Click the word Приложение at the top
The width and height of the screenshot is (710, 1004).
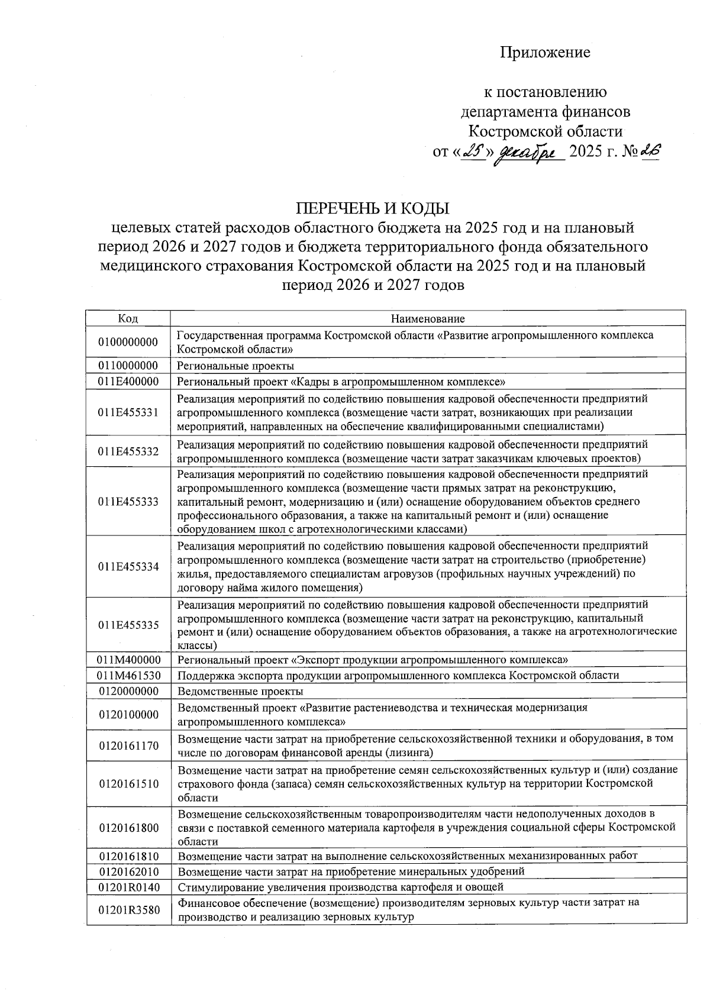(545, 53)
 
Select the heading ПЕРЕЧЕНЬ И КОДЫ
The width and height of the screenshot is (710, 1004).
(373, 208)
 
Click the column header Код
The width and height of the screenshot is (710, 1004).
(128, 318)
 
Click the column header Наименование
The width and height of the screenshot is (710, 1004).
(428, 318)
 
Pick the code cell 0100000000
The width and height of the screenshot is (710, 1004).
(128, 342)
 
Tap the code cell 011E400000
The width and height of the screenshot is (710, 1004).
(128, 382)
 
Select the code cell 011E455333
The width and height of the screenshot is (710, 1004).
(128, 502)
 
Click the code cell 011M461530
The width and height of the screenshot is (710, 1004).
(128, 675)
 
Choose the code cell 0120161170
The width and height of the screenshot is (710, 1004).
(128, 745)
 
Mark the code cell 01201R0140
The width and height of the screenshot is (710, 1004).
(128, 887)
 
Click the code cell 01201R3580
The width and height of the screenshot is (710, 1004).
(128, 910)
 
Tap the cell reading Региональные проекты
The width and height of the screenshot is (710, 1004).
(235, 366)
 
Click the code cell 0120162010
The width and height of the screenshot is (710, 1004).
(128, 871)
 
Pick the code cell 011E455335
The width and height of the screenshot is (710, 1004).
(128, 625)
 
